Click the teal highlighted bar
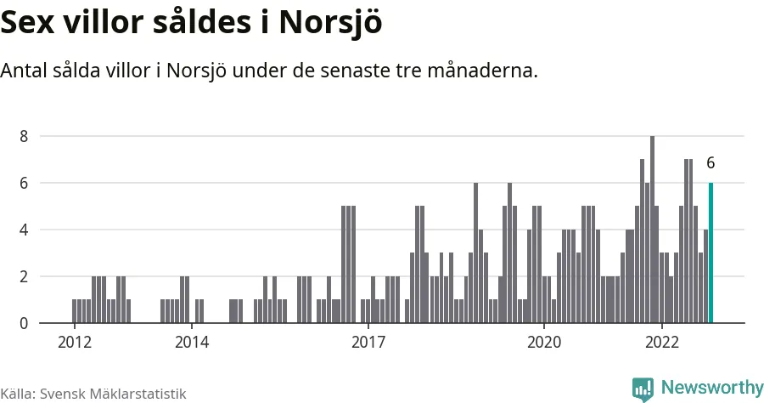pos(711,253)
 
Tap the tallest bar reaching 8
pos(653,230)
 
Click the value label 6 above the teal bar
pos(711,163)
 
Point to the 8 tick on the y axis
pos(24,136)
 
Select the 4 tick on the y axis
pos(24,230)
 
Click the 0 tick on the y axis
pos(24,323)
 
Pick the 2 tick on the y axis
pos(24,276)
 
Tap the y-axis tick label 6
pos(24,183)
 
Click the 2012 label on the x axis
pos(75,342)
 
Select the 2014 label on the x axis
pos(192,342)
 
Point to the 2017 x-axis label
pos(368,342)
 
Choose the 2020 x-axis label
pos(544,342)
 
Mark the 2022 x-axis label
pos(661,342)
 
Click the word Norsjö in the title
pos(331,23)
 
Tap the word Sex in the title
pos(27,22)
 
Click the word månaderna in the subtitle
pos(482,71)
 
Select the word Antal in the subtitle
pos(24,71)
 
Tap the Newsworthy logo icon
pos(643,389)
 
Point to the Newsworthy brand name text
pos(712,388)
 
